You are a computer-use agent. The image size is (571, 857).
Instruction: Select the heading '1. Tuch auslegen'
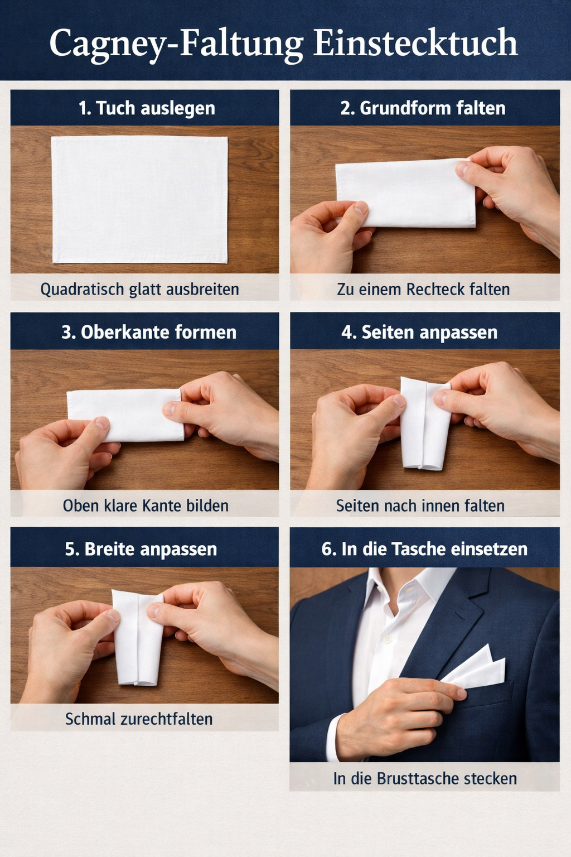coord(147,108)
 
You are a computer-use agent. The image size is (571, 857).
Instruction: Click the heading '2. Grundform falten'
coord(423,108)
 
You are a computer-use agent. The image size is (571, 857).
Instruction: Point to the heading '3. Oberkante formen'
coord(149,332)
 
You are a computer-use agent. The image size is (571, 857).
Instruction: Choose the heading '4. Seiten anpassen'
coord(419,332)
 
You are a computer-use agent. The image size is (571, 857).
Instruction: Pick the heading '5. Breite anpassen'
coord(141,549)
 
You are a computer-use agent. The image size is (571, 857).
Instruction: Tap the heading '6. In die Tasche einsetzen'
coord(424,549)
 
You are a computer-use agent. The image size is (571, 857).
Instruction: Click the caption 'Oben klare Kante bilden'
coord(146,506)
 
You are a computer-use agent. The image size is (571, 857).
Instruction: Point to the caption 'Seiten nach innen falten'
coord(420,506)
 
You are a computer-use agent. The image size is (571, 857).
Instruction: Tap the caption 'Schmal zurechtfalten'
coord(139,719)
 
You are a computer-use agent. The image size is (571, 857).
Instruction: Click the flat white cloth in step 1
coord(139,199)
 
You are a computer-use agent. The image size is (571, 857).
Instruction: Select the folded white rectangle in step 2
coord(406,193)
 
